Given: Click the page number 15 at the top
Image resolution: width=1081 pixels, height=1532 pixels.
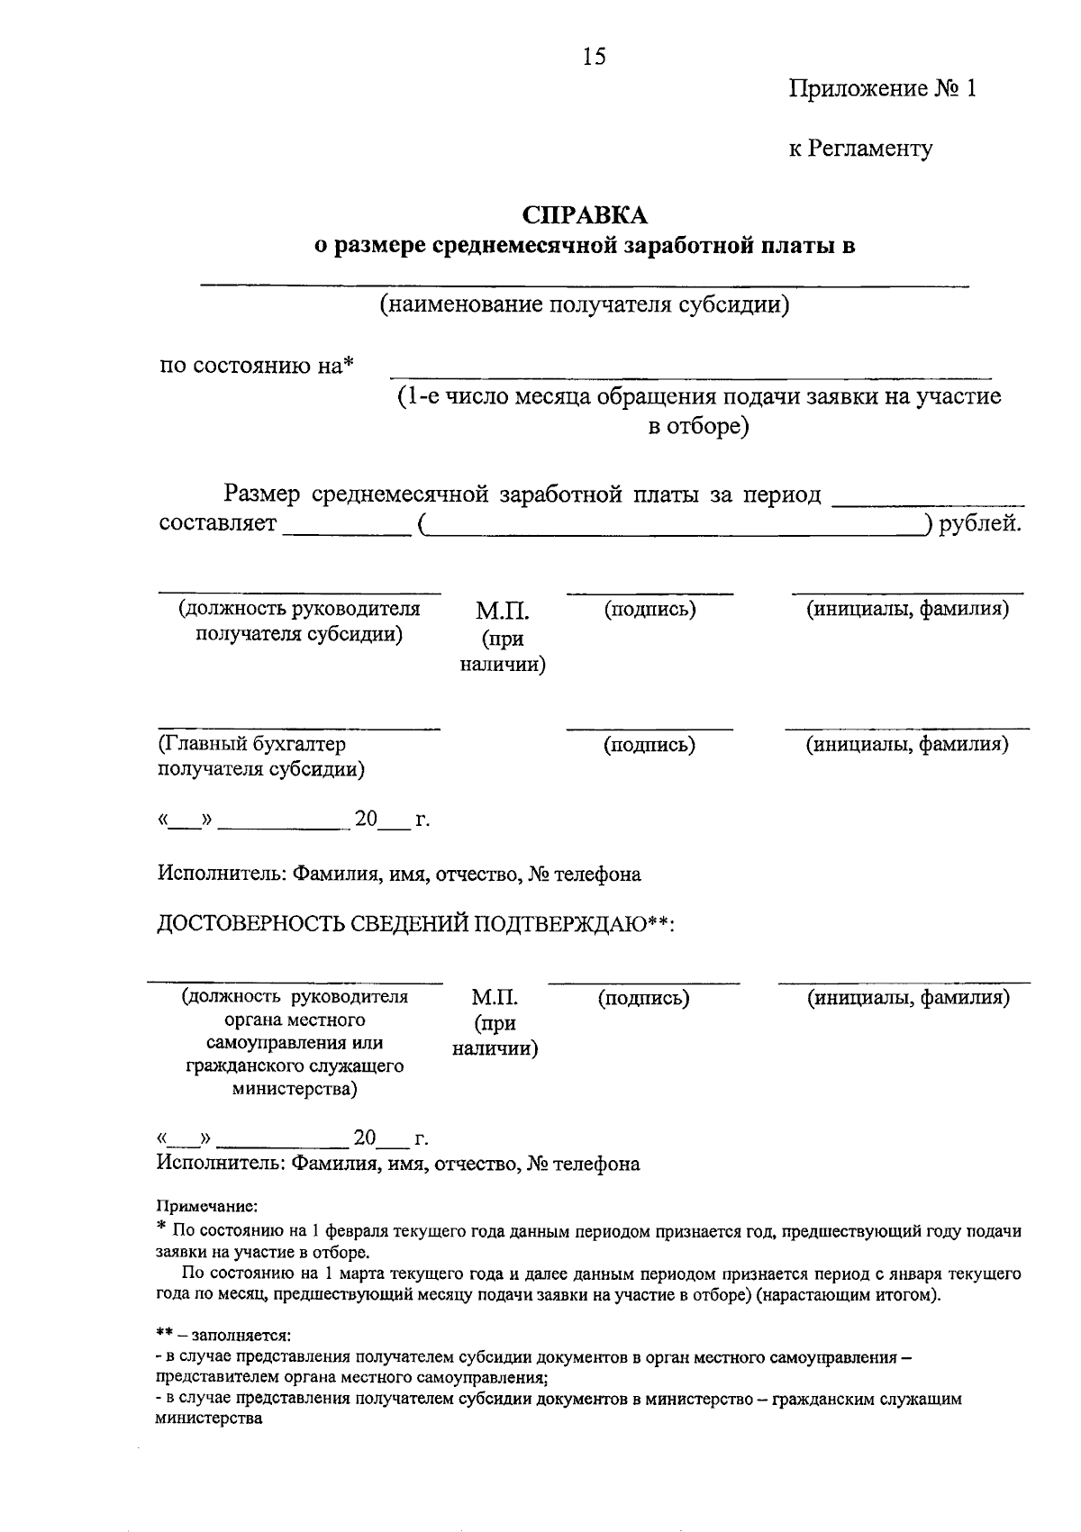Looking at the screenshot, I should coord(594,57).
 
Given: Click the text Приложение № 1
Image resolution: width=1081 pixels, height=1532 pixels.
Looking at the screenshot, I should coord(882,89).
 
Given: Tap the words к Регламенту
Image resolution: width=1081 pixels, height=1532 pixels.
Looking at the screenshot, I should coord(860,149).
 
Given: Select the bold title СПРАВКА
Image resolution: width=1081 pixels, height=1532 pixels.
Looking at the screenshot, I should coord(586,215).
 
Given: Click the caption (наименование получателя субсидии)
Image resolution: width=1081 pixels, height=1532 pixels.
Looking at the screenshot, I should coord(584,304).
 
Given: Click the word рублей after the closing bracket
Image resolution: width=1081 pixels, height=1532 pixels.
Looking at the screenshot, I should coord(980,523).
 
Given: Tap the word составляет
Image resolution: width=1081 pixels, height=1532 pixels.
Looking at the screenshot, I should coord(217,523).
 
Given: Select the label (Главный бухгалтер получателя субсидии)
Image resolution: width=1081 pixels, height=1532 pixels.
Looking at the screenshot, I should coord(261,757).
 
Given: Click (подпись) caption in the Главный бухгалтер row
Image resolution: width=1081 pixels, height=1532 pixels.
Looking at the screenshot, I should coord(650,745).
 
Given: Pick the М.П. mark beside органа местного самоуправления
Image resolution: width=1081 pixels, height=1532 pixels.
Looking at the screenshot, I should coord(495,998).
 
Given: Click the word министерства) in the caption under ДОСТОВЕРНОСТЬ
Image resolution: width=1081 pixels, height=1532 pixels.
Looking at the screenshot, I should coord(295,1090).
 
